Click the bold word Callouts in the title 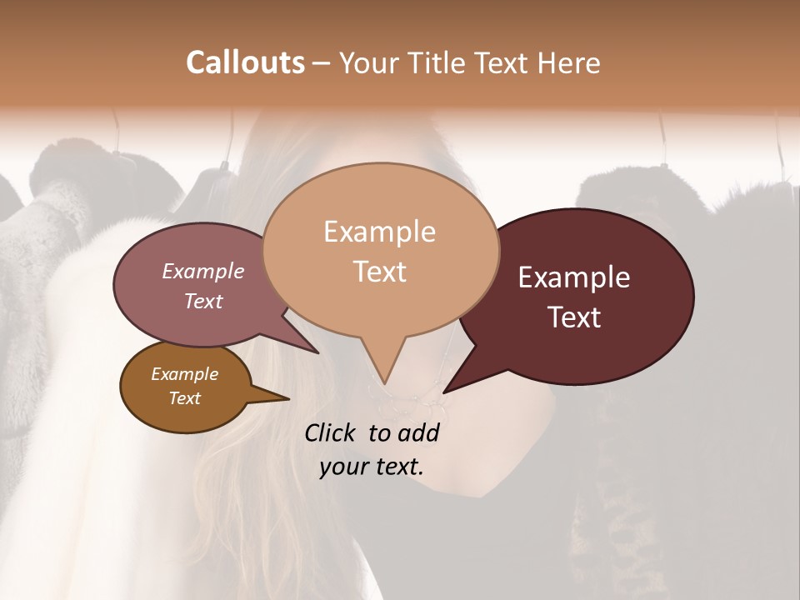245,62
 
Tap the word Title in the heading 442,62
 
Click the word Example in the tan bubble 379,232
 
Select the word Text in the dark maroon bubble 575,317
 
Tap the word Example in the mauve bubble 203,271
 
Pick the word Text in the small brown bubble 185,398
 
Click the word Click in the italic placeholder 330,432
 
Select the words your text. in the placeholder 372,467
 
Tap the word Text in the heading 503,62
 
